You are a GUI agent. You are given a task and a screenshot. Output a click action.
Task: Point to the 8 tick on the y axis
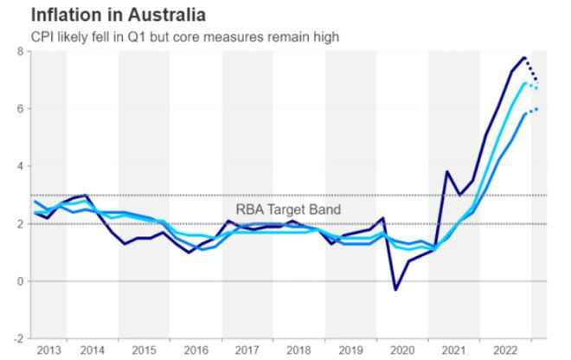19,51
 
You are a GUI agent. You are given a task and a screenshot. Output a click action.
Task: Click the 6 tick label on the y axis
19,109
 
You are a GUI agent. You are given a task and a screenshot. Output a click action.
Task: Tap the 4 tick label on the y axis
19,166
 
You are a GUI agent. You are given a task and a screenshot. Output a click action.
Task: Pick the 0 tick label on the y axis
19,281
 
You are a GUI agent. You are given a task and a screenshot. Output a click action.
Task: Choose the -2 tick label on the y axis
17,338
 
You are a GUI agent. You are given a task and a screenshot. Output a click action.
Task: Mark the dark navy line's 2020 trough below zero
395,289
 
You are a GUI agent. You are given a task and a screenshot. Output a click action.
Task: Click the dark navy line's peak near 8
524,58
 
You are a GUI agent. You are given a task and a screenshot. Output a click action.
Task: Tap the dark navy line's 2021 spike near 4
446,171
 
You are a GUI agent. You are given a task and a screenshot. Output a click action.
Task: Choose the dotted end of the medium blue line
536,109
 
